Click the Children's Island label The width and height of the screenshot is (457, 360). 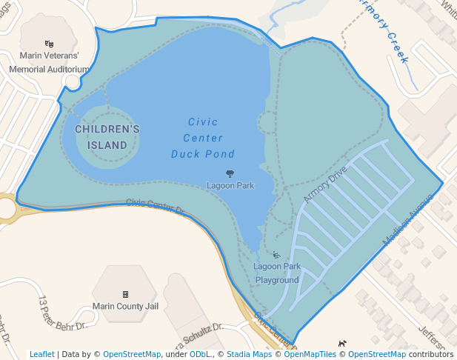pyautogui.click(x=107, y=137)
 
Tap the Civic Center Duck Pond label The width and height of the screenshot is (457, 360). pyautogui.click(x=203, y=138)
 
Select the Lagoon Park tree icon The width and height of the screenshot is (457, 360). pyautogui.click(x=230, y=173)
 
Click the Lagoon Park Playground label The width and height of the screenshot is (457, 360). pyautogui.click(x=277, y=273)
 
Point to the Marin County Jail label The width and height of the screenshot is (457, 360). pyautogui.click(x=126, y=306)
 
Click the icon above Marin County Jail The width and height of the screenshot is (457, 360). pyautogui.click(x=125, y=294)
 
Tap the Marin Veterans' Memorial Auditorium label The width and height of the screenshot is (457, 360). pyautogui.click(x=49, y=62)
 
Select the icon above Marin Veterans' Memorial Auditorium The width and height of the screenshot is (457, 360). pyautogui.click(x=49, y=44)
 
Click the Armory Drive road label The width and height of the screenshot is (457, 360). pyautogui.click(x=325, y=185)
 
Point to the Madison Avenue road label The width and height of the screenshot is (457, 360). pyautogui.click(x=407, y=220)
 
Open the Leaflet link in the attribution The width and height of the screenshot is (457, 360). pyautogui.click(x=41, y=354)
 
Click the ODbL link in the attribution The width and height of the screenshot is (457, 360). pyautogui.click(x=201, y=354)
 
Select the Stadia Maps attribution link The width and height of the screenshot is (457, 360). pyautogui.click(x=248, y=354)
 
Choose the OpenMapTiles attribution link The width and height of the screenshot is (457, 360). pyautogui.click(x=310, y=354)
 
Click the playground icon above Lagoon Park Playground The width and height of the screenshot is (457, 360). pyautogui.click(x=276, y=255)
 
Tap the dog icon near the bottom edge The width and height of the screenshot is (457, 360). pyautogui.click(x=342, y=343)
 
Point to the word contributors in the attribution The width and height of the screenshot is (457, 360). pyautogui.click(x=430, y=354)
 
